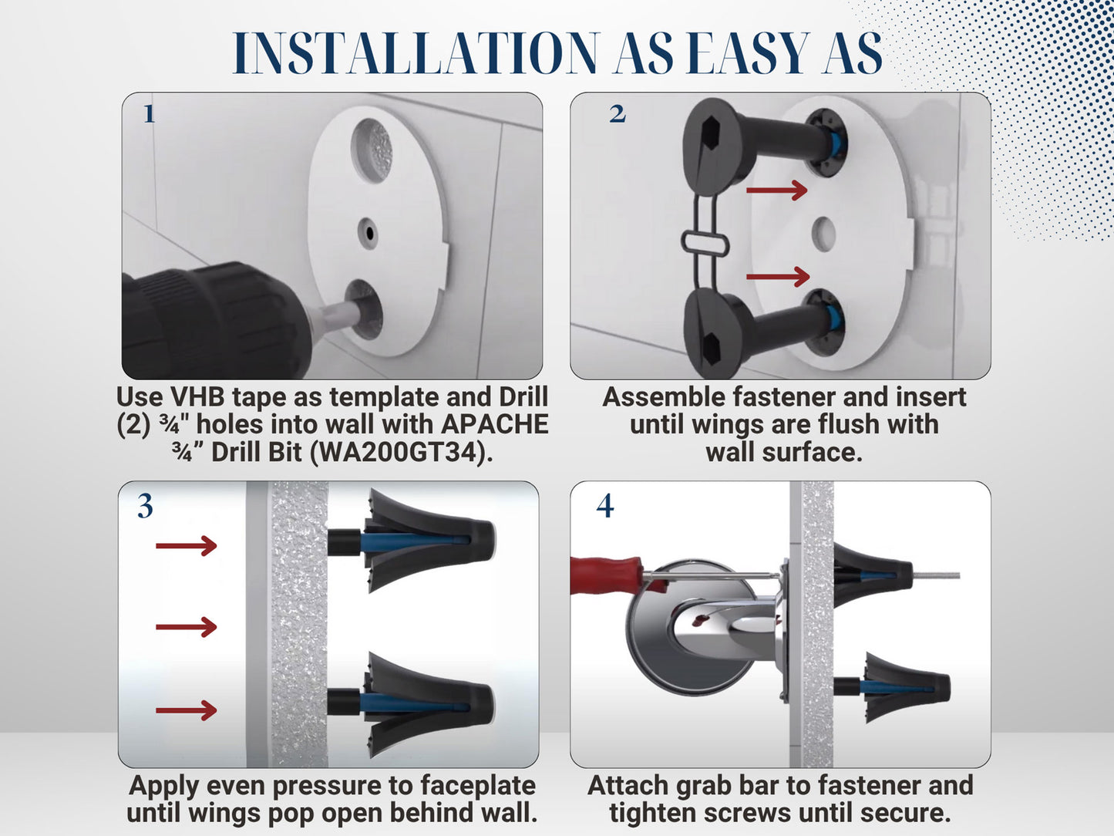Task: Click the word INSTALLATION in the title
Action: click(x=416, y=54)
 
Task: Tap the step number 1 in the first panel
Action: click(x=149, y=115)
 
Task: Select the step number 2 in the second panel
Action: click(x=617, y=114)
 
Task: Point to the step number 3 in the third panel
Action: click(x=145, y=507)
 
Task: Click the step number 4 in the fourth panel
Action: click(x=605, y=506)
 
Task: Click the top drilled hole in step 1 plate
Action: click(x=372, y=150)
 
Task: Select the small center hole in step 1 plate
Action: click(x=369, y=231)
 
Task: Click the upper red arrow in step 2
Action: click(x=776, y=189)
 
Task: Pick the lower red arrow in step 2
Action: click(x=778, y=275)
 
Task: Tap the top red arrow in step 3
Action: click(x=186, y=546)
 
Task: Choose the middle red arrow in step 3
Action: click(x=186, y=626)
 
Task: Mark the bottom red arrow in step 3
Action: click(x=186, y=710)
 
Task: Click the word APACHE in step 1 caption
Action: click(x=494, y=424)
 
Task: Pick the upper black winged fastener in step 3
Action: click(x=416, y=539)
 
